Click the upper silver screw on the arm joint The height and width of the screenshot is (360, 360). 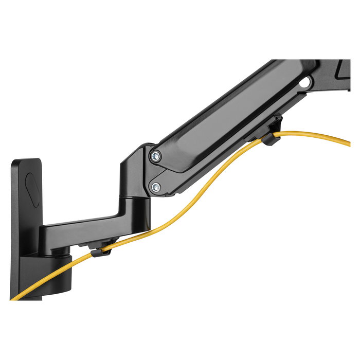coord(155,156)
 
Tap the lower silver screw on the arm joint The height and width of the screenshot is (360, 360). coord(155,186)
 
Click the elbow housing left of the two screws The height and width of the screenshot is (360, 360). coord(133,170)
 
